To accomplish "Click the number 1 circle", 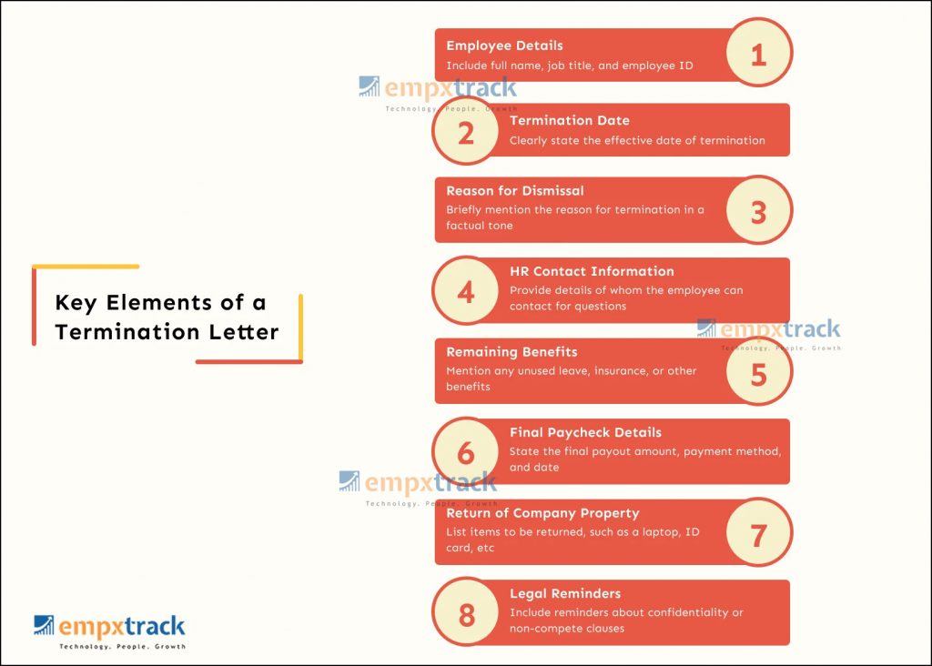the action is point(759,52).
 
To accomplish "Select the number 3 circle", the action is point(759,210).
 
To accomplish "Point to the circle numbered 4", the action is point(466,290).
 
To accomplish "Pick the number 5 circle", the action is point(759,371).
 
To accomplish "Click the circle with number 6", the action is point(466,451).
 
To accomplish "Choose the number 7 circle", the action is point(759,532).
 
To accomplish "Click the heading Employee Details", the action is point(504,45).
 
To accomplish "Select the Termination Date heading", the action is point(570,121).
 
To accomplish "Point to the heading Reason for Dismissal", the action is point(515,191).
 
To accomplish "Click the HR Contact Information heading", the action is point(592,271).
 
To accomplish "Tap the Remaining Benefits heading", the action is point(512,352).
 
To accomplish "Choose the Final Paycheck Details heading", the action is point(585,432).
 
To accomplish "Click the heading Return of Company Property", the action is point(542,513).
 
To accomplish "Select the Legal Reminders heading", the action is point(565,593).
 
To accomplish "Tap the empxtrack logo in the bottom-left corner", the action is point(110,632).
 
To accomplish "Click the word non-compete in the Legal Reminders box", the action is point(542,629).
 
